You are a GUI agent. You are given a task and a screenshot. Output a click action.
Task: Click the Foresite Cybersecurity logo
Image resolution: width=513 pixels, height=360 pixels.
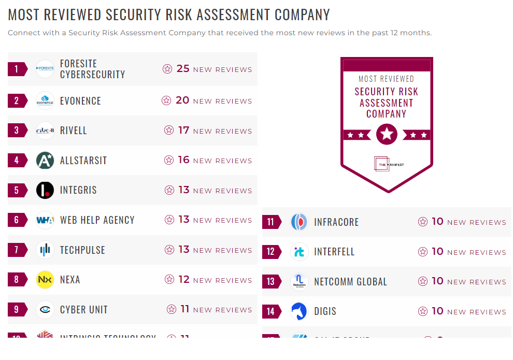pos(45,69)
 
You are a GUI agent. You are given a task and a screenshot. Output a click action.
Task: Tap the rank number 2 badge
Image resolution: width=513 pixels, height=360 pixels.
pos(17,100)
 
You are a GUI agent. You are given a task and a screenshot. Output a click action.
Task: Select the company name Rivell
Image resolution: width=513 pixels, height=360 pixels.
pos(74,131)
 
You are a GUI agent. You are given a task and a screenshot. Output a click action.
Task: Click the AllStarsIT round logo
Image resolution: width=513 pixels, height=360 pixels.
pos(45,161)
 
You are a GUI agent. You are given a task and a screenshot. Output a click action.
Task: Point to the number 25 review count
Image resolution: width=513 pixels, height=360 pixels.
pos(183,68)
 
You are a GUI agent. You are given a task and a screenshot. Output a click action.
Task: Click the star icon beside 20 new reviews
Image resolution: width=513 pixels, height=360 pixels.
pos(166,100)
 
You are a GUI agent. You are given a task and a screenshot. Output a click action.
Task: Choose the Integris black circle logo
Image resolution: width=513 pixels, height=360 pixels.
pos(45,190)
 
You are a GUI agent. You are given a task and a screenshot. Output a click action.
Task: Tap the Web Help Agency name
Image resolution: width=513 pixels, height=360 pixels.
pos(97,220)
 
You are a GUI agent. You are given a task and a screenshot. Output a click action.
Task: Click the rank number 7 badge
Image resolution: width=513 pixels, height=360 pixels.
pos(17,250)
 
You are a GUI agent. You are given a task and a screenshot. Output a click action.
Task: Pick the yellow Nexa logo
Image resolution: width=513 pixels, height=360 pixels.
pos(45,280)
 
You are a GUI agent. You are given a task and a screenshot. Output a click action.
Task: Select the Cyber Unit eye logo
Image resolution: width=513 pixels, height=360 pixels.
pos(45,310)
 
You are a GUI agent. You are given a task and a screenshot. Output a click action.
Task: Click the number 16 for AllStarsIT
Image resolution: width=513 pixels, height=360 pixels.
pos(183,160)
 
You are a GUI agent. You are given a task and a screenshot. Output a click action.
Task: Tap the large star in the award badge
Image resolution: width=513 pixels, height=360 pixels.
pos(387,134)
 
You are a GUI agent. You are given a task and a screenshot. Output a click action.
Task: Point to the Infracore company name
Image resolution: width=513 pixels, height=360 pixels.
pos(336,222)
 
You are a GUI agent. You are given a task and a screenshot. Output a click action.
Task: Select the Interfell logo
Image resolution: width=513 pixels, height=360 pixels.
pos(300,252)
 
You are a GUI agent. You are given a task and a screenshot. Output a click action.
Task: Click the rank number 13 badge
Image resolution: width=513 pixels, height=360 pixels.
pos(271,282)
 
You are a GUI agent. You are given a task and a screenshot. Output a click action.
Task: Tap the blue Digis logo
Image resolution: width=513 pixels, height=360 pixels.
pos(300,311)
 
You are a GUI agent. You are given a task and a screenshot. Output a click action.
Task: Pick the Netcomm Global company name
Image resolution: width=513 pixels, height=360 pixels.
pos(350,282)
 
